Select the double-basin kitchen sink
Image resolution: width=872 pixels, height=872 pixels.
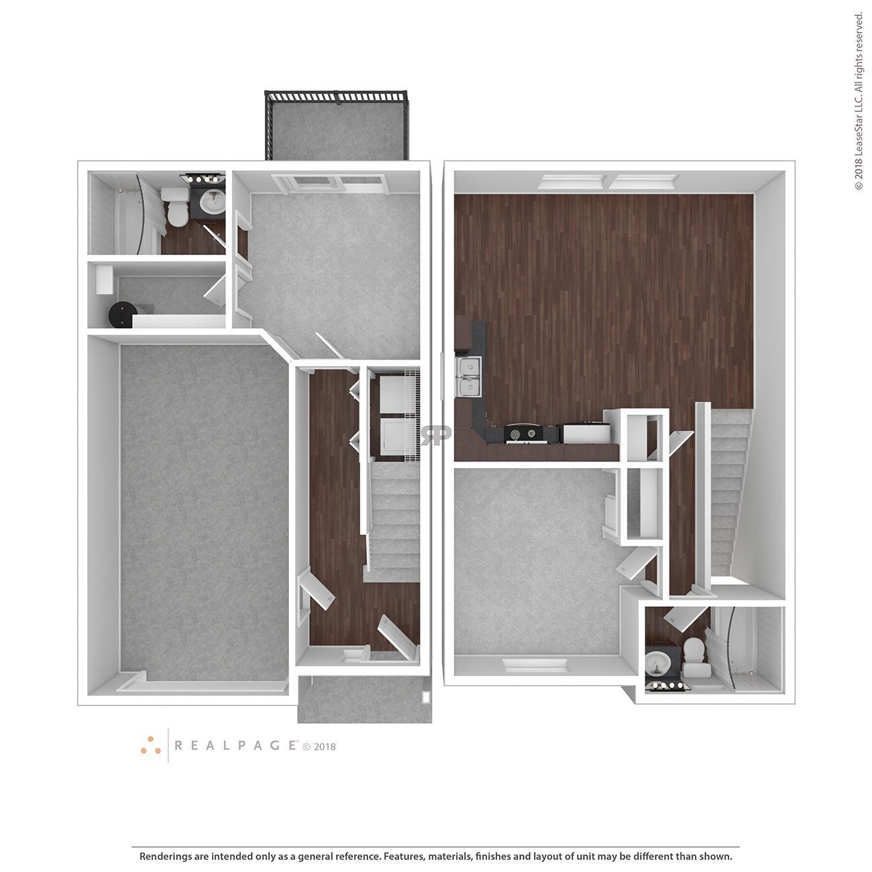(468, 377)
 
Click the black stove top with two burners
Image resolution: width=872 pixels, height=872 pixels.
(523, 434)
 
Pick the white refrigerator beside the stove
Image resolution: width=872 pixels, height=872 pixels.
(585, 433)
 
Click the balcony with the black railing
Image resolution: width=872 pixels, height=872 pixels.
(337, 127)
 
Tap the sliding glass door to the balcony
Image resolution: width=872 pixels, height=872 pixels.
(329, 181)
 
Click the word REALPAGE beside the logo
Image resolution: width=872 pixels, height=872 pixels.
(236, 745)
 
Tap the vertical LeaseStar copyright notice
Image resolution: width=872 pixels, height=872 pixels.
(859, 101)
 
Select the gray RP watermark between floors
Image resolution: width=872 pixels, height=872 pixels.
(436, 435)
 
